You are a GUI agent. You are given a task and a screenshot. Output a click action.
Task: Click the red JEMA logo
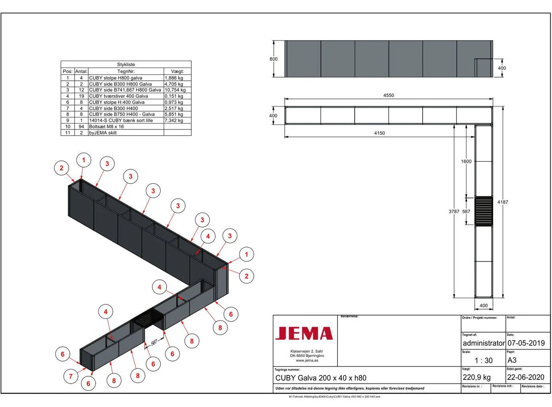click(304, 333)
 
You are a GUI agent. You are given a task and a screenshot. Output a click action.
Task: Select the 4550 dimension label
click(389, 96)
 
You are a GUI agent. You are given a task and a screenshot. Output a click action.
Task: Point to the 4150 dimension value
click(379, 133)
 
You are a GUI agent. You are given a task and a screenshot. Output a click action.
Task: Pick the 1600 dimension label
click(466, 162)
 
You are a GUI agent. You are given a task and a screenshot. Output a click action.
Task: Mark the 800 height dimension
click(274, 59)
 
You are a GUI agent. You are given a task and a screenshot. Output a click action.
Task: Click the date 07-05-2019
click(526, 343)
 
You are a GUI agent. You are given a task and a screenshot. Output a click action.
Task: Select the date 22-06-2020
click(526, 377)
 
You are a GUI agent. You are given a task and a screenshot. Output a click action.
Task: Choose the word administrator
click(483, 343)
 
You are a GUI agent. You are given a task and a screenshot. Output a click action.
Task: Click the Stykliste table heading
click(126, 65)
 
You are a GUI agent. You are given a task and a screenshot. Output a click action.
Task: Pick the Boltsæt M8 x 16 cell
click(106, 126)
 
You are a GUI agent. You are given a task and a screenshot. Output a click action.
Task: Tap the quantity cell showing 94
click(81, 126)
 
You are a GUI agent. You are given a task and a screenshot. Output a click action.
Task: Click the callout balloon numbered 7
click(70, 377)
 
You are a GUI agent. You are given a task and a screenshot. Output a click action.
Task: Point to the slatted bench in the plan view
click(483, 211)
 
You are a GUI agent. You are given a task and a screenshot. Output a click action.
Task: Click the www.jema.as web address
click(304, 361)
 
